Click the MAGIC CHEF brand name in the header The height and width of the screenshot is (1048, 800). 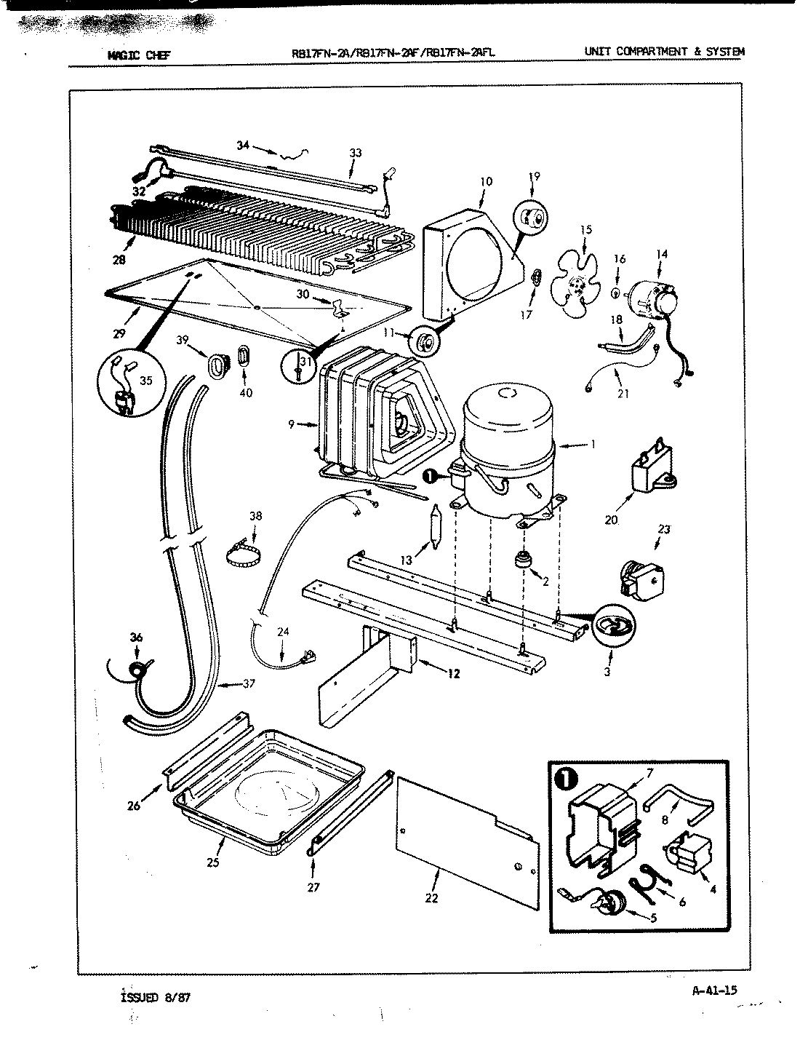[138, 54]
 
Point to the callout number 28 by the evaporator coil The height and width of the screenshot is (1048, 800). [119, 260]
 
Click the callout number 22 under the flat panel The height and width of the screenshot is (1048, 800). [431, 897]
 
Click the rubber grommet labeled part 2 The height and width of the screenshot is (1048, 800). [521, 561]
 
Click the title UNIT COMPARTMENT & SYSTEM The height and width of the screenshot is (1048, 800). [664, 52]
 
